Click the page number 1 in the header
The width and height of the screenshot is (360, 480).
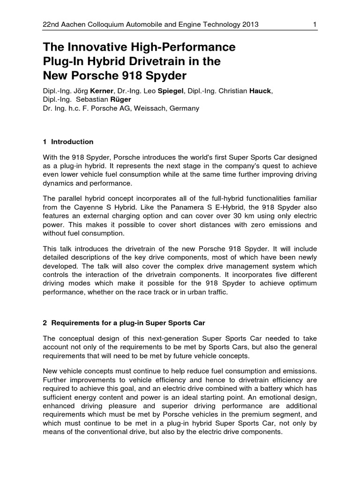pos(315,24)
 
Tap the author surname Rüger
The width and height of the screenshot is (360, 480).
pos(120,99)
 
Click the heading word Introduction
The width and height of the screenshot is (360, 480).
pos(72,142)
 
